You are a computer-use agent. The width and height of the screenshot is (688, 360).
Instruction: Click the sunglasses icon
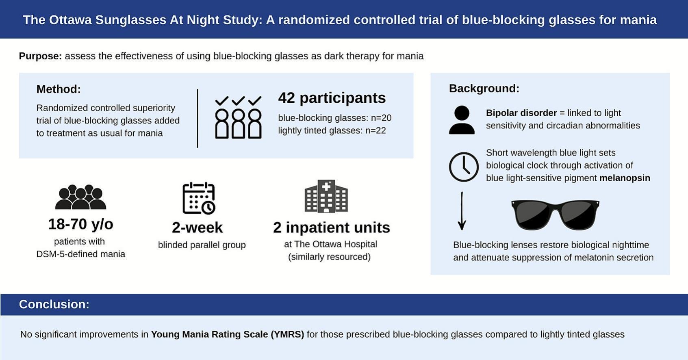pyautogui.click(x=555, y=215)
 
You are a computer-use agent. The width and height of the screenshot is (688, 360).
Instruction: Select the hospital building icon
pyautogui.click(x=326, y=196)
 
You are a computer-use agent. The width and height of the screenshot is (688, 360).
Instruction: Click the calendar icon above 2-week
pyautogui.click(x=199, y=198)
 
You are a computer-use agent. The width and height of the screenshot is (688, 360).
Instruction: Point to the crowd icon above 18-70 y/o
pyautogui.click(x=80, y=197)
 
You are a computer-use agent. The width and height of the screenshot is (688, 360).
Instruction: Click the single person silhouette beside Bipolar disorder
pyautogui.click(x=462, y=120)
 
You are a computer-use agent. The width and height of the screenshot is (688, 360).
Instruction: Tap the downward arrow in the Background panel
pyautogui.click(x=462, y=211)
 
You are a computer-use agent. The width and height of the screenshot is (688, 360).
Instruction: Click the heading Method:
pyautogui.click(x=59, y=89)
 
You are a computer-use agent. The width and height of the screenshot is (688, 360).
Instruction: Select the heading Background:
pyautogui.click(x=484, y=89)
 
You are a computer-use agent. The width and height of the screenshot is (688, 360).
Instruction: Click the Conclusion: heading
pyautogui.click(x=54, y=304)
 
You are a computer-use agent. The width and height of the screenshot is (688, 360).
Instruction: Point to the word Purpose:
pyautogui.click(x=40, y=56)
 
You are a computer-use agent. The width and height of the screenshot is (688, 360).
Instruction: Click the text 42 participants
pyautogui.click(x=332, y=98)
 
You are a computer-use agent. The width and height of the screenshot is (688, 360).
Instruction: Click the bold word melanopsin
pyautogui.click(x=625, y=178)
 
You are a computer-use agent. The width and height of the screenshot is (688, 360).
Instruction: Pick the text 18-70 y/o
pyautogui.click(x=80, y=224)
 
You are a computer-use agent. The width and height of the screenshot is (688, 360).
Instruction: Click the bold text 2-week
pyautogui.click(x=197, y=228)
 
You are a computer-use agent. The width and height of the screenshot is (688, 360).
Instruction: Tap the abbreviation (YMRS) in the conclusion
pyautogui.click(x=287, y=334)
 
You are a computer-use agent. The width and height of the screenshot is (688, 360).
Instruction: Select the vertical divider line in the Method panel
pyautogui.click(x=197, y=119)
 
